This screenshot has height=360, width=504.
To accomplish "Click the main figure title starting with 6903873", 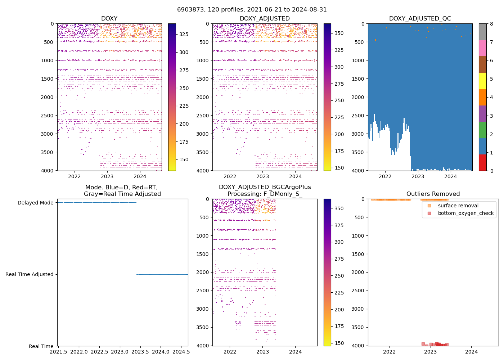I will pos(252,10).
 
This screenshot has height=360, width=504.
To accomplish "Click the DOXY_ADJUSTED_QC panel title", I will pos(420,19).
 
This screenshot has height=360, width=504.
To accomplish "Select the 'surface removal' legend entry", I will pos(458,206).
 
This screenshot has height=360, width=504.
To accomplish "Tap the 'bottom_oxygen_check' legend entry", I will pos(465,213).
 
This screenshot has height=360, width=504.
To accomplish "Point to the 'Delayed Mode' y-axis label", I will pos(35,203).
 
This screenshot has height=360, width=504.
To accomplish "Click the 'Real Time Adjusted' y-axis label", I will pos(30,274).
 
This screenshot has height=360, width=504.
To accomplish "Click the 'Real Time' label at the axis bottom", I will pos(41,346).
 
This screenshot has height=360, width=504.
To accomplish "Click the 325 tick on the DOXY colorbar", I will pos(184,34).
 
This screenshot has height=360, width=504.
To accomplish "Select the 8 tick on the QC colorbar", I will pos(491,24).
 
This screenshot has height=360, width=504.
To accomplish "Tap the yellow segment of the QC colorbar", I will pos(483,81).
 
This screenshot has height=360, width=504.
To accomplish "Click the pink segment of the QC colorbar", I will pos(483,48).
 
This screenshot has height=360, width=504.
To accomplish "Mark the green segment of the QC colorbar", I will pos(483,130).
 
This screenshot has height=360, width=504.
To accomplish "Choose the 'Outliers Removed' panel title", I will pos(433,194).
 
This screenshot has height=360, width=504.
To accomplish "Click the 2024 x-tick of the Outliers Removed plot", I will pos(472,351).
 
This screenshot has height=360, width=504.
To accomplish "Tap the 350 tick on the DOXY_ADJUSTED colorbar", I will pos(339,33).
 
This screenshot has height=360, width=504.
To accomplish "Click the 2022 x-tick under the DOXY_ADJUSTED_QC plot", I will pos(385,176).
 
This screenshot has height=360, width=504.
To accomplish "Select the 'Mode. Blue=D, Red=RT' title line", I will pos(121,187).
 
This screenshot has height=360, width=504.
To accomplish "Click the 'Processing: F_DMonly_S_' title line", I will pos(265,194).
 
